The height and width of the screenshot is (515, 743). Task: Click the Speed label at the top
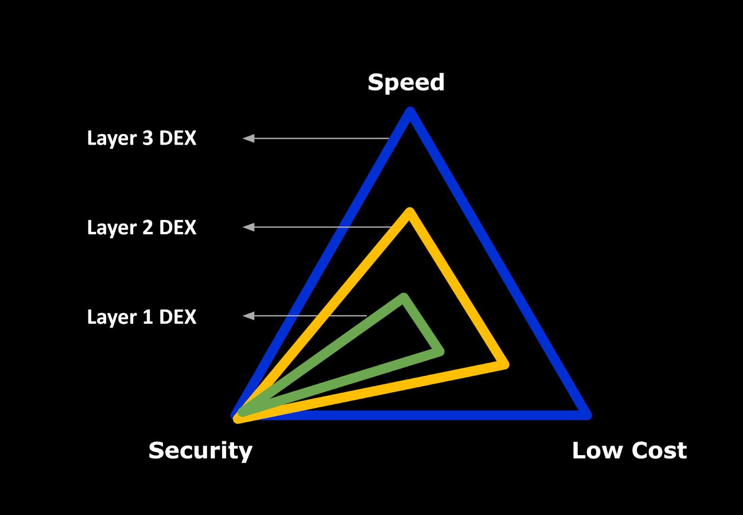pyautogui.click(x=406, y=83)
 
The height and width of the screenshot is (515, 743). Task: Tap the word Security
pyautogui.click(x=200, y=451)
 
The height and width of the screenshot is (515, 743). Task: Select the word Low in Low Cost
pyautogui.click(x=597, y=451)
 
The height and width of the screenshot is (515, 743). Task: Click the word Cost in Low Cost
pyautogui.click(x=659, y=451)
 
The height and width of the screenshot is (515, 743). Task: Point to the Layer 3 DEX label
pyautogui.click(x=142, y=138)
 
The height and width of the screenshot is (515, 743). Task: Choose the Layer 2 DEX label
pyautogui.click(x=142, y=228)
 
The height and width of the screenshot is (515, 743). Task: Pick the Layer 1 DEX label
pyautogui.click(x=142, y=317)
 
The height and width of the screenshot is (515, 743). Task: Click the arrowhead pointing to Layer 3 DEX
pyautogui.click(x=248, y=138)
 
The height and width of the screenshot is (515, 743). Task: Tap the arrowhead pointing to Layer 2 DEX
pyautogui.click(x=248, y=227)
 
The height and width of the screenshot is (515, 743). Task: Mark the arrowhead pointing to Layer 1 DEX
pyautogui.click(x=248, y=316)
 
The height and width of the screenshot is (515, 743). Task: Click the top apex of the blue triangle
pyautogui.click(x=410, y=112)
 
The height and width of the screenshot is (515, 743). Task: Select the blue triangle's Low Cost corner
pyautogui.click(x=586, y=415)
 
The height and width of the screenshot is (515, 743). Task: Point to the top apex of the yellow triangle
pyautogui.click(x=410, y=213)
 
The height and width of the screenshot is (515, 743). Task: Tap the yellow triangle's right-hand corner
pyautogui.click(x=503, y=365)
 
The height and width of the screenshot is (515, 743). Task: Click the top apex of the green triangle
pyautogui.click(x=404, y=298)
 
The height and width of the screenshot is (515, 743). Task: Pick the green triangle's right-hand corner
pyautogui.click(x=439, y=352)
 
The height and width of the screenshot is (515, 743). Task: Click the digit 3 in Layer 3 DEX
pyautogui.click(x=148, y=138)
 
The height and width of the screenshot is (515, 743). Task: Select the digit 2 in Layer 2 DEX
pyautogui.click(x=148, y=228)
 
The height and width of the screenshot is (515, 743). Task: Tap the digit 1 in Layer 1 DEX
pyautogui.click(x=148, y=317)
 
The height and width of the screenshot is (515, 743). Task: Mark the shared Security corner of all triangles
pyautogui.click(x=238, y=415)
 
